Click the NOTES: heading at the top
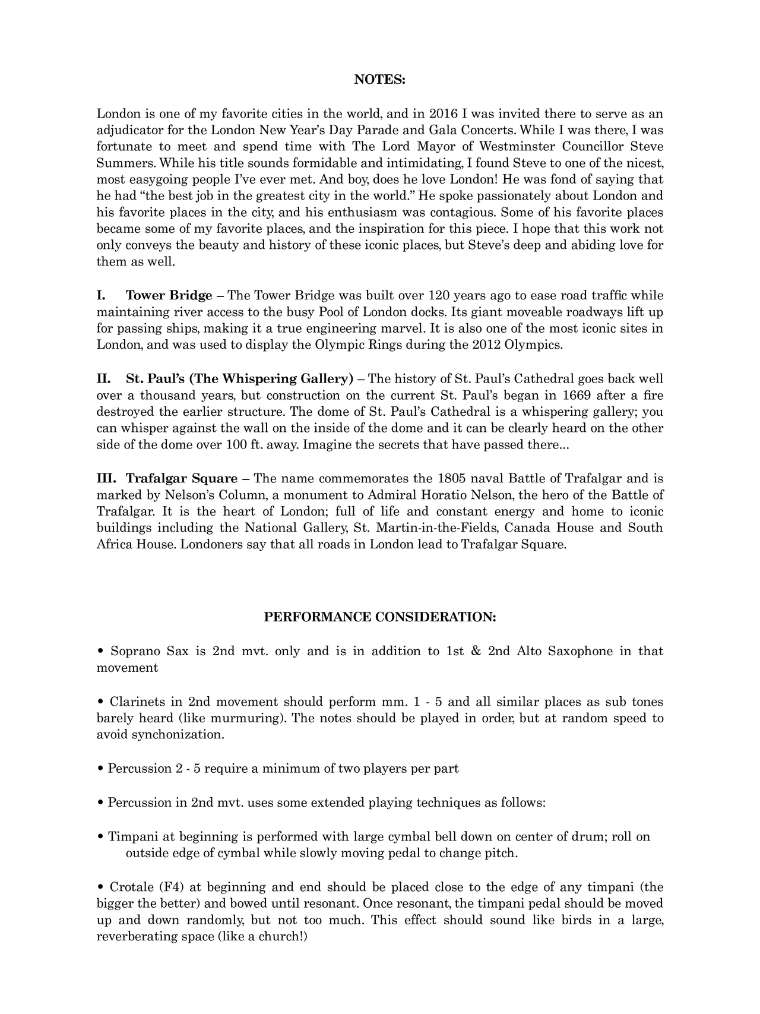[379, 80]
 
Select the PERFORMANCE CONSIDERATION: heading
[379, 617]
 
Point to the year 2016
[443, 114]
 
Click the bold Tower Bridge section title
[169, 296]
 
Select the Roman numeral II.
[103, 379]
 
